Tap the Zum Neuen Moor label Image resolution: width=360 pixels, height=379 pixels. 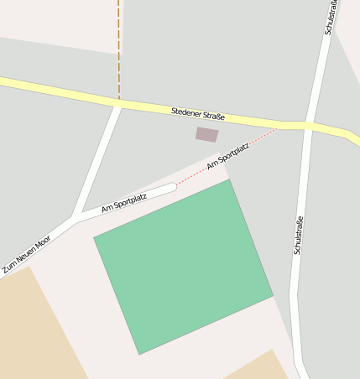26,253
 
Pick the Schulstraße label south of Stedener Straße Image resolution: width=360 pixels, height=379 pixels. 298,236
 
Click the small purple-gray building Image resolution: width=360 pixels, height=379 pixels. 206,134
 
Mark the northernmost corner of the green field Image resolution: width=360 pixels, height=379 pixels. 229,179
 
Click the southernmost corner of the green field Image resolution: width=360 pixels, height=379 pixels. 139,354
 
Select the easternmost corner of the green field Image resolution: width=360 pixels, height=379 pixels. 273,295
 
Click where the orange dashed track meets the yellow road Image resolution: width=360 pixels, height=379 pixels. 118,100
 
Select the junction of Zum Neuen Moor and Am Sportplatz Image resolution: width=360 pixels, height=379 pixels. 75,219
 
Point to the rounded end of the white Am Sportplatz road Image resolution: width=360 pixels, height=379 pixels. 173,186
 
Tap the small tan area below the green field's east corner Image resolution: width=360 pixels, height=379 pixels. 260,366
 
